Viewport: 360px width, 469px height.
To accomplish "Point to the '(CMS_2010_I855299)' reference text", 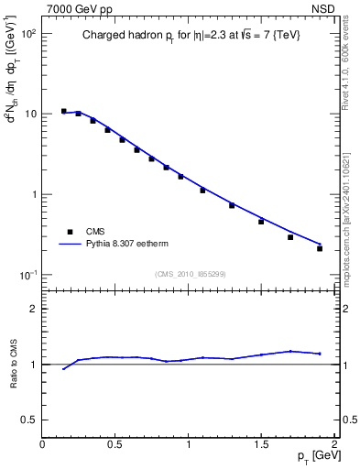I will [x=191, y=274].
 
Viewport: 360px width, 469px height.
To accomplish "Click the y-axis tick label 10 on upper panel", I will [x=29, y=115].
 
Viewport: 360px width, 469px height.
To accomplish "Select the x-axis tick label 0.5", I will [x=115, y=442].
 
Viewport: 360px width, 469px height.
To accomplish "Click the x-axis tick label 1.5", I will [x=261, y=442].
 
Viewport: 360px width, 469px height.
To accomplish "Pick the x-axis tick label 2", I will [x=334, y=442].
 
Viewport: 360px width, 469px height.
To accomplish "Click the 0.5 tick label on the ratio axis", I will [x=28, y=420].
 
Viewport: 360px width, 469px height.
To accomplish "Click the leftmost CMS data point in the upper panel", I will [x=63, y=111].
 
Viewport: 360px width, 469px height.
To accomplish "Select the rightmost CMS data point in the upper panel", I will [x=320, y=248].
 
